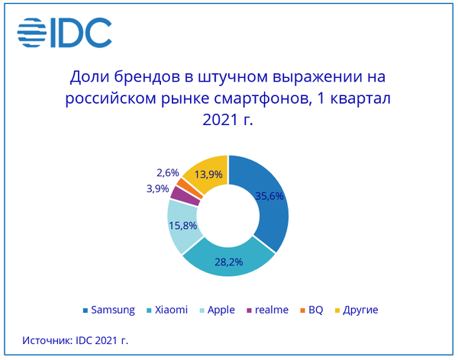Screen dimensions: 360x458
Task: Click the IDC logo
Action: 65,31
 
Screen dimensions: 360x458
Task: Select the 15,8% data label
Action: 182,226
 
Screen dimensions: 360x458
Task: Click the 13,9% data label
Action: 208,174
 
